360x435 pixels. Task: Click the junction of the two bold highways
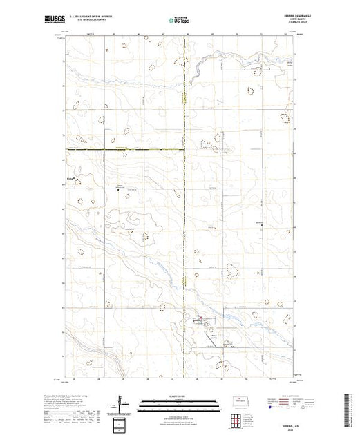tap(184, 148)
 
